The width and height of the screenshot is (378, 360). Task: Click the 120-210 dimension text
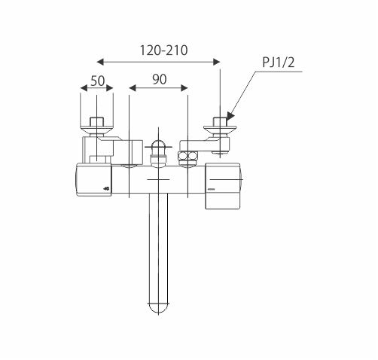(163, 50)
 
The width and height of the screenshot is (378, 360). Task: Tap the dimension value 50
(97, 81)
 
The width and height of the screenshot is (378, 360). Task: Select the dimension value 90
(160, 79)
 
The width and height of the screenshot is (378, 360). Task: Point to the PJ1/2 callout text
(278, 62)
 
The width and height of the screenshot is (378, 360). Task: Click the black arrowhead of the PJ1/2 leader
(230, 116)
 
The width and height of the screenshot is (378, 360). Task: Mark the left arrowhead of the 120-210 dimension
(100, 62)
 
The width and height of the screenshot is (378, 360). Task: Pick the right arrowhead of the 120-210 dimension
(216, 62)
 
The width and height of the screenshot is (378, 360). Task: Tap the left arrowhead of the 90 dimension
(133, 88)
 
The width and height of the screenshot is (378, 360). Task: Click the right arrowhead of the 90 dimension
(184, 88)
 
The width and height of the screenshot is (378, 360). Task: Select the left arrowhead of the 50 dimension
(84, 88)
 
